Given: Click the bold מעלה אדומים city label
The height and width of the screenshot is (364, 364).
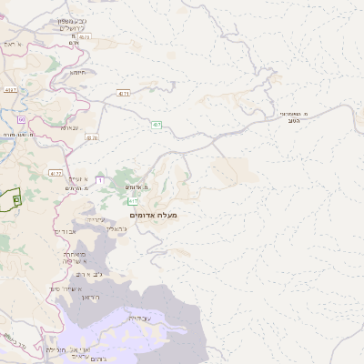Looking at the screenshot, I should (x=154, y=215).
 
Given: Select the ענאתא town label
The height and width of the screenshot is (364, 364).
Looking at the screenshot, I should (x=69, y=128).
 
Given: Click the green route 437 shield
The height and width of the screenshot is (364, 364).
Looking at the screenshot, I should (x=157, y=125).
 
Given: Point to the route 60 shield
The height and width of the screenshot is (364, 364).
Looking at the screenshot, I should (x=20, y=119).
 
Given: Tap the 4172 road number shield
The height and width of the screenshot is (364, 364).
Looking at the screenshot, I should (x=56, y=172).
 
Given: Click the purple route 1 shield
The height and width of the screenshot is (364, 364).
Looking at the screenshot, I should (x=99, y=181).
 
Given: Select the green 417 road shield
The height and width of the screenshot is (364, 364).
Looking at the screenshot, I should (x=133, y=200).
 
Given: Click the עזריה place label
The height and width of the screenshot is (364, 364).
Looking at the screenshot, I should (x=96, y=220).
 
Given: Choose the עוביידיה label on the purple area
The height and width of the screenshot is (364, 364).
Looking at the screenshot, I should (x=139, y=318).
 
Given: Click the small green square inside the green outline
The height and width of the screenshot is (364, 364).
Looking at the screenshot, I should (x=16, y=197).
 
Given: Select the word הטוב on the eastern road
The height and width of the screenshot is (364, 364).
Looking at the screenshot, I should (x=294, y=120).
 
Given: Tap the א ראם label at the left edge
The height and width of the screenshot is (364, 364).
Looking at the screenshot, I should (x=10, y=44).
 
